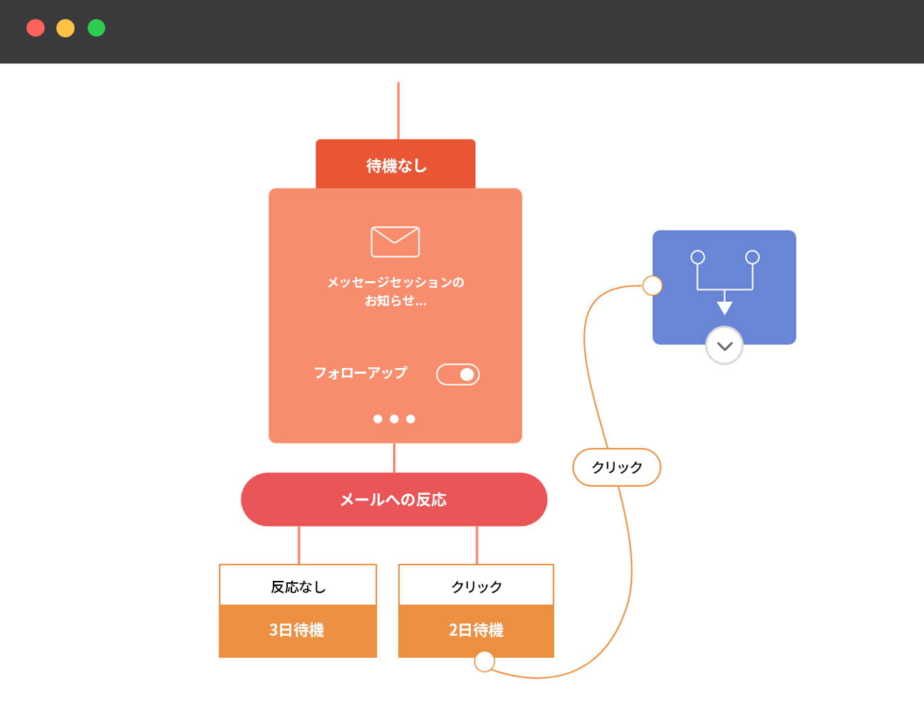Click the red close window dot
(36, 28)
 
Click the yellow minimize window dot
(66, 28)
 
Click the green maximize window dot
(96, 28)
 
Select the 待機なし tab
(395, 165)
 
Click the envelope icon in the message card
(395, 242)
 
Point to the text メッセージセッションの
(395, 283)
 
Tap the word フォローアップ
(360, 373)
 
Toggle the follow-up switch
(458, 374)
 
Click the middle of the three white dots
(394, 419)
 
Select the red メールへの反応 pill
(394, 500)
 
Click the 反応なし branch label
(298, 587)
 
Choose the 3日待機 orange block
(298, 631)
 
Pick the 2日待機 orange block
(476, 631)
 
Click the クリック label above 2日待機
(476, 587)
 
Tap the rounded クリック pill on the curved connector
(617, 468)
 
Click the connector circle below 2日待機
(484, 662)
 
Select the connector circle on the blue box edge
(653, 285)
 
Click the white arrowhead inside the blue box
(725, 308)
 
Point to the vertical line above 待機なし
(398, 110)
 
